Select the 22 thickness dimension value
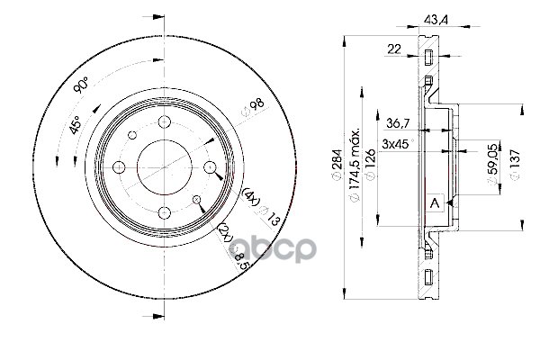[394, 50]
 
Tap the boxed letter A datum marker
[435, 203]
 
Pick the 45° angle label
[76, 125]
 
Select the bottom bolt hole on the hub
[165, 212]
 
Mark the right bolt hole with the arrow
[209, 168]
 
